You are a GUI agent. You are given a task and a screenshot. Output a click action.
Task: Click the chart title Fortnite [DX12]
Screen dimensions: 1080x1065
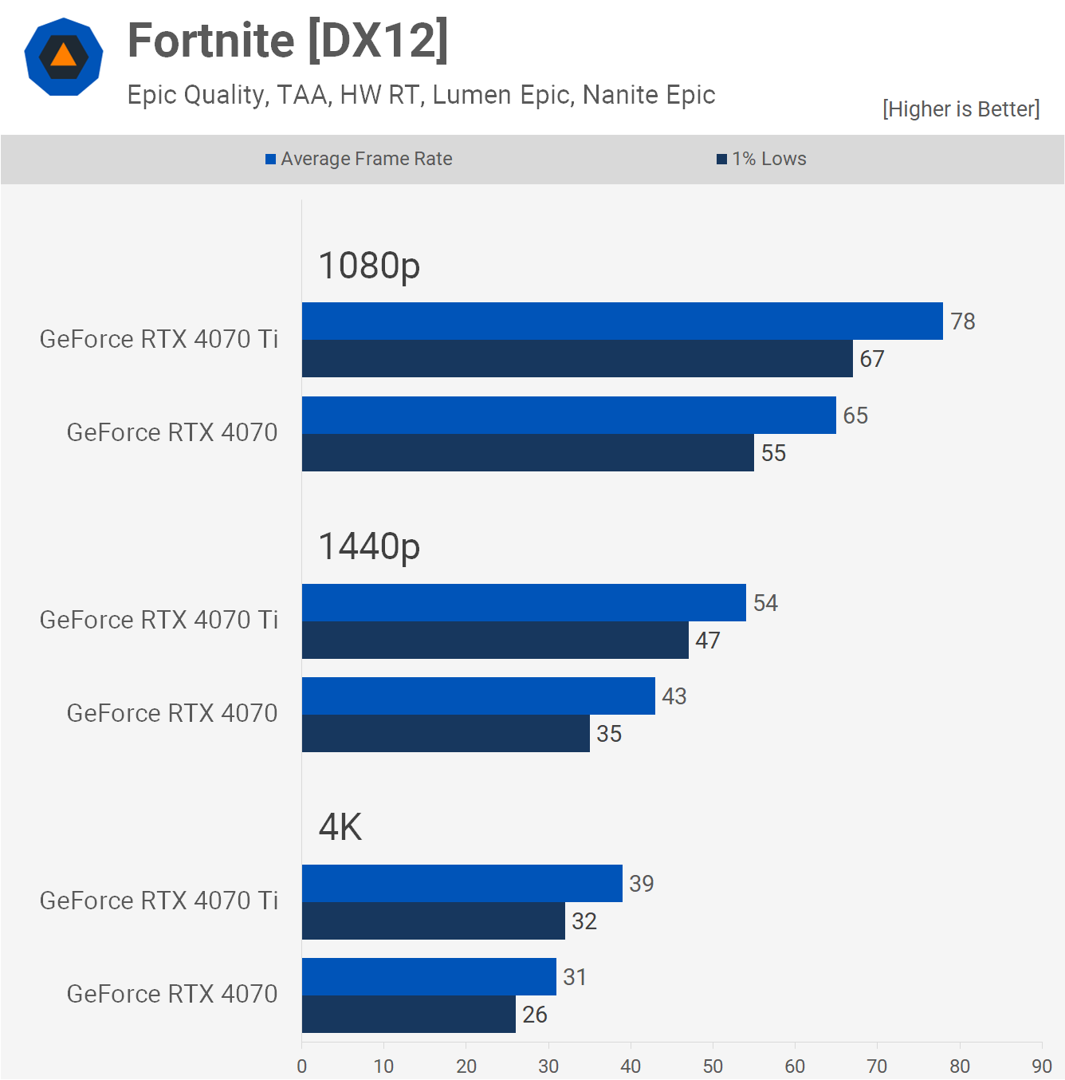pyautogui.click(x=288, y=41)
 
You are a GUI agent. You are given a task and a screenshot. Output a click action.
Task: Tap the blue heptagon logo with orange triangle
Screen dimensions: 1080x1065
pyautogui.click(x=64, y=57)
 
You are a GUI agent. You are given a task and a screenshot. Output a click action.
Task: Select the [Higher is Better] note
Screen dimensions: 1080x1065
pyautogui.click(x=961, y=109)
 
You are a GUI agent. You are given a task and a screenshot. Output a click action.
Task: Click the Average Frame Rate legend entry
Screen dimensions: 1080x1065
pyautogui.click(x=360, y=159)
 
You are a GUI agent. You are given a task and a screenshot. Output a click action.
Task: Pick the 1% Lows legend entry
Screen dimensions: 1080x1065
pyautogui.click(x=762, y=159)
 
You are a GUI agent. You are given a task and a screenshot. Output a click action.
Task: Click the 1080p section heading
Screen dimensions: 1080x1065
pyautogui.click(x=369, y=266)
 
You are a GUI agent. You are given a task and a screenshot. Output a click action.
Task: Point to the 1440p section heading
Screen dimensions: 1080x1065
pyautogui.click(x=369, y=546)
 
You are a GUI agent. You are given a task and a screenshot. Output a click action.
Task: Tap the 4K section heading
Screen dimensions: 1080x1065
pyautogui.click(x=340, y=827)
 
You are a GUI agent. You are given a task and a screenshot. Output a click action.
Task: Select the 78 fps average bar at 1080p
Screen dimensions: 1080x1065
pyautogui.click(x=622, y=321)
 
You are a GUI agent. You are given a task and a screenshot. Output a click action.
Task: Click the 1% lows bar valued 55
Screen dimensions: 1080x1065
pyautogui.click(x=528, y=453)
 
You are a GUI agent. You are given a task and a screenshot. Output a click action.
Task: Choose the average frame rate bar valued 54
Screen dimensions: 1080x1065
pyautogui.click(x=524, y=603)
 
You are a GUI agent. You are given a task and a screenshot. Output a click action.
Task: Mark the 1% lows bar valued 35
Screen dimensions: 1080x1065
pyautogui.click(x=446, y=734)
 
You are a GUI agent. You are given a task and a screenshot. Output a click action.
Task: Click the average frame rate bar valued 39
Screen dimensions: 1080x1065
pyautogui.click(x=462, y=884)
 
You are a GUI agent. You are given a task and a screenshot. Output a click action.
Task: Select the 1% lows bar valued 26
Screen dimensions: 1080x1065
pyautogui.click(x=408, y=1015)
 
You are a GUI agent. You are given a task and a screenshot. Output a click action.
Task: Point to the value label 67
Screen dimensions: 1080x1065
pyautogui.click(x=872, y=359)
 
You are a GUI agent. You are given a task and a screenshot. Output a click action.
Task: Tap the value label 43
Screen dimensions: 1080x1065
pyautogui.click(x=674, y=696)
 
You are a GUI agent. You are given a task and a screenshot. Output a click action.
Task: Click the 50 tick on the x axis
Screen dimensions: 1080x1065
pyautogui.click(x=713, y=1066)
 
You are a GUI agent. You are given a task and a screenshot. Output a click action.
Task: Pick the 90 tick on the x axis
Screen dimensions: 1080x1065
pyautogui.click(x=1041, y=1066)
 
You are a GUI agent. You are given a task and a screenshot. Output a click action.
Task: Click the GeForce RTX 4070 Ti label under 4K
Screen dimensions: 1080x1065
pyautogui.click(x=159, y=901)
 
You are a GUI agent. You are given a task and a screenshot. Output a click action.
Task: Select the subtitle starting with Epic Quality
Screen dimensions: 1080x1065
pyautogui.click(x=421, y=95)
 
